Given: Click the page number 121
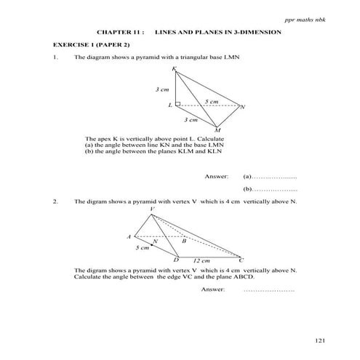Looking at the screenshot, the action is point(321,340).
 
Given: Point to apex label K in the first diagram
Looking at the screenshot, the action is point(174,69).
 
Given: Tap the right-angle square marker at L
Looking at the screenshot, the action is point(178,105).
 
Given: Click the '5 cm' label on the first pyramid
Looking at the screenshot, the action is point(212,100).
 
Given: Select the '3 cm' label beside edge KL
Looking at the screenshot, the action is point(162,89).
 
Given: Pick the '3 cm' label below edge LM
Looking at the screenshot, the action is point(191,118).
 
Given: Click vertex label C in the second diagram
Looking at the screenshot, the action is point(241,260).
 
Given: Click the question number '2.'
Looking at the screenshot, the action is point(55,201).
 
